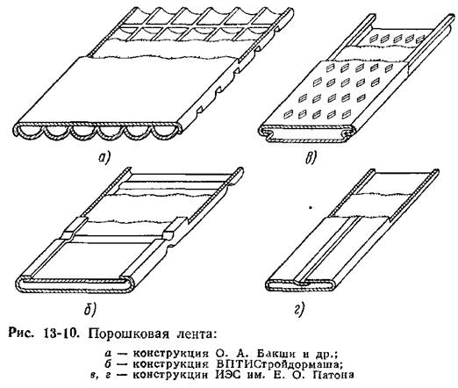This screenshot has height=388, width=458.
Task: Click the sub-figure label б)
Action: tap(89, 309)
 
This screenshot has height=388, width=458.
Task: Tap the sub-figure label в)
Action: tap(311, 158)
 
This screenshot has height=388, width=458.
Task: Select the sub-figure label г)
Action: tap(299, 310)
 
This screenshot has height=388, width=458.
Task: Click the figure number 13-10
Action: tap(61, 334)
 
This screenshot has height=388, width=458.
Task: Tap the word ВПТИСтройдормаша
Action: tap(280, 364)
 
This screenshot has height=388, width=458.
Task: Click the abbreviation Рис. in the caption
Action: tap(21, 334)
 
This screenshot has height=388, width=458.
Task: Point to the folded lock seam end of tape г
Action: tap(302, 283)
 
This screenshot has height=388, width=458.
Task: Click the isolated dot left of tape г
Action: tap(311, 208)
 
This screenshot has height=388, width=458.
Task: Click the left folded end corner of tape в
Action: tap(264, 131)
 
